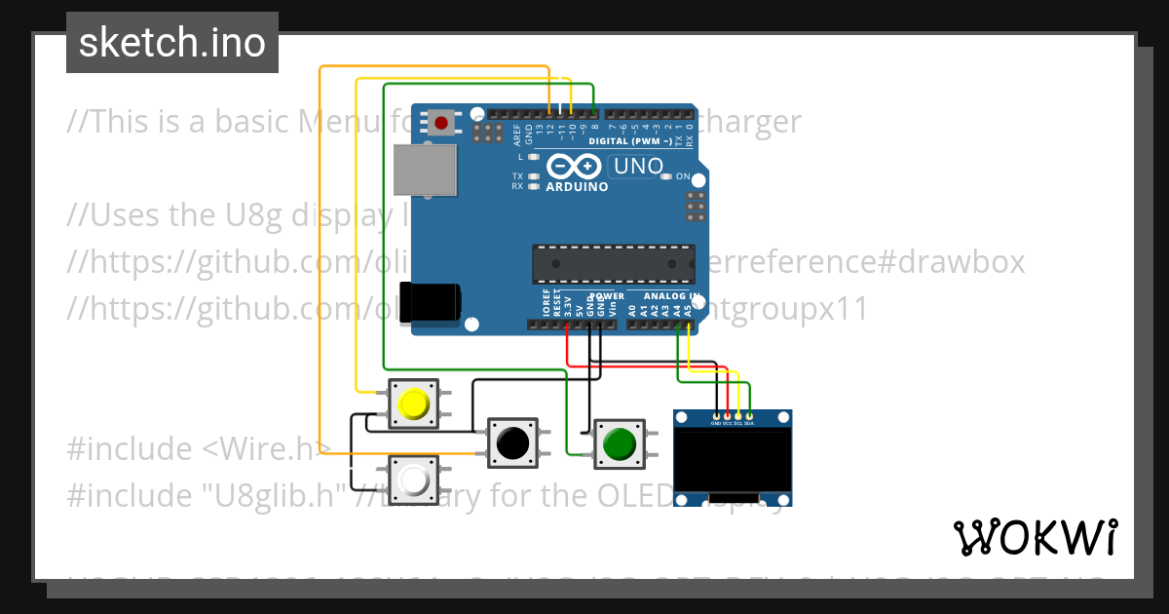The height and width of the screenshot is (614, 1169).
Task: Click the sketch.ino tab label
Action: point(171,43)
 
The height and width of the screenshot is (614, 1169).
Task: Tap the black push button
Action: point(511,443)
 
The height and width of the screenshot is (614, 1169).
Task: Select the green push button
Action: point(619,444)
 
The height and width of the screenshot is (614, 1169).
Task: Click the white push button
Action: point(414,480)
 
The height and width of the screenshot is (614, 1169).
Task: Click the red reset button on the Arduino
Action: point(441,123)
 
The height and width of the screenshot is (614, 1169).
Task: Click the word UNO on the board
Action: point(638,167)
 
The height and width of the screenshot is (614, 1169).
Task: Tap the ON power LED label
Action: point(683,176)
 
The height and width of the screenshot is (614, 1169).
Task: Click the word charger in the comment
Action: point(751,122)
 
